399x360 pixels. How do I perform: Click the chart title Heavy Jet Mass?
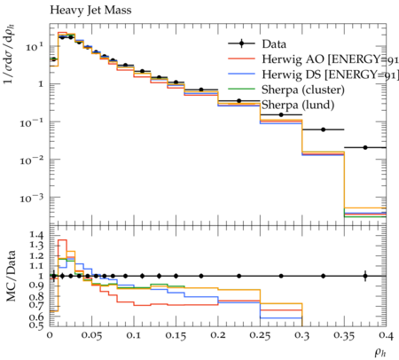pos(90,11)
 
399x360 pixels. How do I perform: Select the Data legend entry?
pos(257,44)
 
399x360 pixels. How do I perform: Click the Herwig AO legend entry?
pos(313,59)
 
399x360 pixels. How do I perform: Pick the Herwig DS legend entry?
pos(313,74)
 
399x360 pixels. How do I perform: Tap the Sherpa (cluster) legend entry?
pos(286,90)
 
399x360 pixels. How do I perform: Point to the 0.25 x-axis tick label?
pos(260,336)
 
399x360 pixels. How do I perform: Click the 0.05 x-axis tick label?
pos(91,336)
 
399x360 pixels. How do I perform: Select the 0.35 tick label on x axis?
pos(344,336)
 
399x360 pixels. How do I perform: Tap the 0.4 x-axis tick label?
pos(386,336)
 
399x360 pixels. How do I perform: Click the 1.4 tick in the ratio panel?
pos(36,235)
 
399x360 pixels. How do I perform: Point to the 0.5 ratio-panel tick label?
pos(36,325)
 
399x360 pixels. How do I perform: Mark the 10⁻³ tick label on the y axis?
pos(32,198)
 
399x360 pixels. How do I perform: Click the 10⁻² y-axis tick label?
pos(32,160)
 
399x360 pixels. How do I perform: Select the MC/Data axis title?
pos(11,276)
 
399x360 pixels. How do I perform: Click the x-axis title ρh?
pos(380,352)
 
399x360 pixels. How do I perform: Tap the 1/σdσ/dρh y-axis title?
pos(9,54)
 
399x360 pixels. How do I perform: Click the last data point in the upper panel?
pos(365,147)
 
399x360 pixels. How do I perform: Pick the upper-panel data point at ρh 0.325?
pos(323,129)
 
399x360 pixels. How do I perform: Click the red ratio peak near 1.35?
pos(62,240)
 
